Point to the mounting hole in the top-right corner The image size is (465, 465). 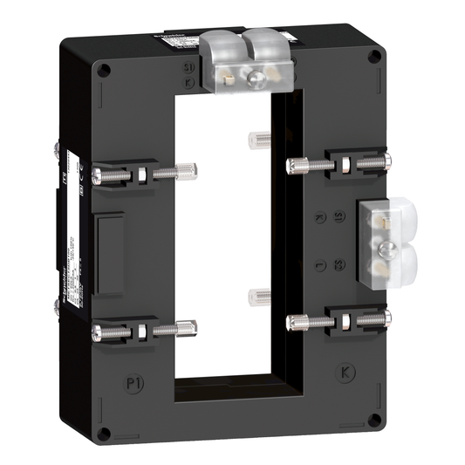pos(375,58)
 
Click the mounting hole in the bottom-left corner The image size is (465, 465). pos(104,434)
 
